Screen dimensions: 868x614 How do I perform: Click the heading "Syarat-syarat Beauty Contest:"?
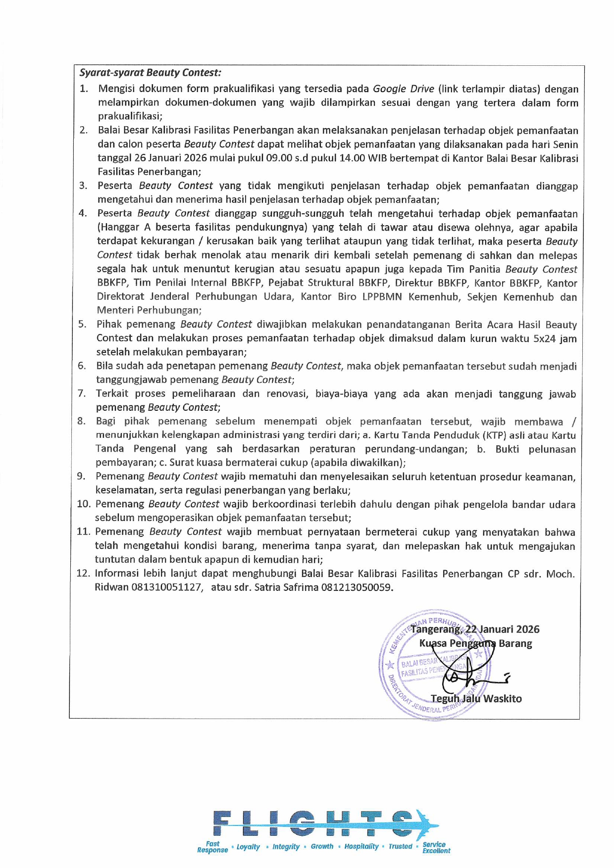point(150,73)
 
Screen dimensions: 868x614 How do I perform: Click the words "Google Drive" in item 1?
point(403,89)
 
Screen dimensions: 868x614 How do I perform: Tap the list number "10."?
point(84,504)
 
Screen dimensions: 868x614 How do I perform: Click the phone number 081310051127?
point(166,587)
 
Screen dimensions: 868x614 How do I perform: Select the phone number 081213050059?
point(357,587)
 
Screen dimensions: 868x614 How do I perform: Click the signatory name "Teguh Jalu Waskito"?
point(476,699)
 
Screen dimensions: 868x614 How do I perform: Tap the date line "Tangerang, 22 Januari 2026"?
point(475,629)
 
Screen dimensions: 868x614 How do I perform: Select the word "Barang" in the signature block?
point(515,644)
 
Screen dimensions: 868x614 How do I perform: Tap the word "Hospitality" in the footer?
point(361,847)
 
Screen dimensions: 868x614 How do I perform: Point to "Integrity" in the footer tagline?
point(286,847)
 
